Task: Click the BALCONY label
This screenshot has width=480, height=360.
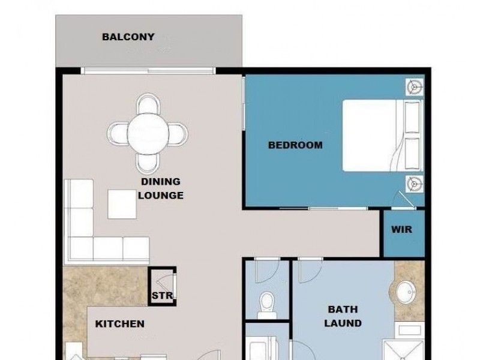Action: click(128, 37)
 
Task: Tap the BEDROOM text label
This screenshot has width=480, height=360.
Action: click(295, 145)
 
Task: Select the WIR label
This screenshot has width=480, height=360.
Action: click(401, 229)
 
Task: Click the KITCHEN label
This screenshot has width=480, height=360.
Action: click(119, 324)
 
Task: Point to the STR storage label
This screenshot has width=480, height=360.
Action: click(162, 296)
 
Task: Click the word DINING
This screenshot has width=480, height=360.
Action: click(161, 182)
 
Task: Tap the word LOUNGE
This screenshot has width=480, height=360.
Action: click(161, 196)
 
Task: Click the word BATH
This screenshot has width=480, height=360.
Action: click(343, 309)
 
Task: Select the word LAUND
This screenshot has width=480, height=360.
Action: click(343, 323)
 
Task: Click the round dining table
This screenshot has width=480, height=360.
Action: click(148, 134)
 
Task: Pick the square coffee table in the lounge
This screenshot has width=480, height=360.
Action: click(122, 204)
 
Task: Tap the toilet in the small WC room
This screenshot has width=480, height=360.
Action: click(267, 305)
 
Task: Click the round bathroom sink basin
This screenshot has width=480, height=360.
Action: click(406, 292)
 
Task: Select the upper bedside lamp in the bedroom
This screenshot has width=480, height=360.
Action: click(415, 87)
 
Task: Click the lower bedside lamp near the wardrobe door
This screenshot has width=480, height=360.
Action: click(415, 184)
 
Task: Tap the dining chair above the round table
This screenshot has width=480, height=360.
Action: click(148, 103)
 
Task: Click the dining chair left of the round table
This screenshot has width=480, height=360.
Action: click(117, 134)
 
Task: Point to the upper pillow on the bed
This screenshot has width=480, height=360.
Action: click(412, 117)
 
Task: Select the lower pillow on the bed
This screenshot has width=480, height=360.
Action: click(412, 154)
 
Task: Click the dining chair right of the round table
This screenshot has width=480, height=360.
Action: click(178, 134)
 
